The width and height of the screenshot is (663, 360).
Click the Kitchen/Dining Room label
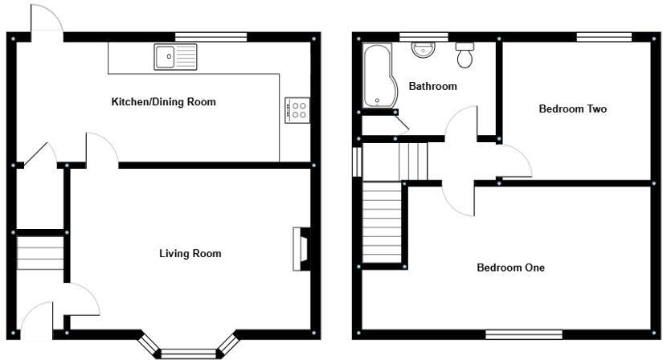(x=163, y=102)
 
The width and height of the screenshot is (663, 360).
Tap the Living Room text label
(x=190, y=254)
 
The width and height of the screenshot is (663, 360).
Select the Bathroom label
(x=432, y=87)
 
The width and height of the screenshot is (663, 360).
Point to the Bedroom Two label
(x=572, y=109)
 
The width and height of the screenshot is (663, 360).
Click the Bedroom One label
(x=510, y=268)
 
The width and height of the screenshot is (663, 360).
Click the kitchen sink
(x=175, y=56)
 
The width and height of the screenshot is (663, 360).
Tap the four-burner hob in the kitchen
(x=296, y=109)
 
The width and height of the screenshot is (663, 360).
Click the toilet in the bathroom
(x=465, y=55)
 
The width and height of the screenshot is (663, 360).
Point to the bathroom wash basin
(x=423, y=50)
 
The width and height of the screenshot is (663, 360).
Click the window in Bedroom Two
(x=604, y=36)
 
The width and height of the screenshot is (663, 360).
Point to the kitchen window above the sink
(x=211, y=36)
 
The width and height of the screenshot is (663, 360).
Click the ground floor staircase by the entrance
(x=40, y=254)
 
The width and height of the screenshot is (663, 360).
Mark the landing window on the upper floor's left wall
(x=356, y=160)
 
